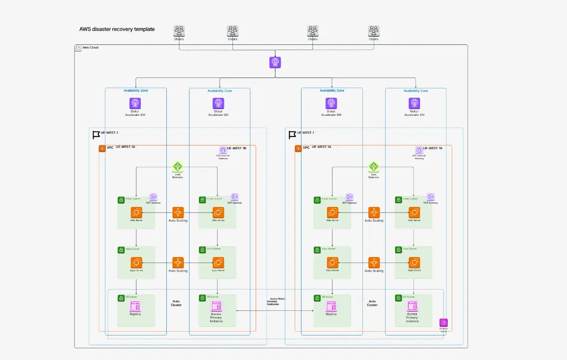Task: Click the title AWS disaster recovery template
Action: point(117,29)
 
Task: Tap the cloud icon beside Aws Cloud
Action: point(78,48)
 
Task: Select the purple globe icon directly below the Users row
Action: point(275,62)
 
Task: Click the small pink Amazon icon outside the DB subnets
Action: point(444,323)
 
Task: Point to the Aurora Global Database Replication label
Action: point(276,302)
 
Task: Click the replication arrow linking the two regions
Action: point(275,310)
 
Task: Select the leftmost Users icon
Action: point(179,31)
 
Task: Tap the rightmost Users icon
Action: point(374,31)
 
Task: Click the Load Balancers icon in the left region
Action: point(178,167)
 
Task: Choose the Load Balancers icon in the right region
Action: point(374,167)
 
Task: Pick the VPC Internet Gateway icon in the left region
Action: point(223,150)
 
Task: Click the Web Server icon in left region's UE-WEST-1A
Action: point(137,213)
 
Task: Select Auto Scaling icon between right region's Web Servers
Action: point(374,213)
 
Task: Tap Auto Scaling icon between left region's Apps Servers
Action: point(178,263)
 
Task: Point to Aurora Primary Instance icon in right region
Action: point(412,306)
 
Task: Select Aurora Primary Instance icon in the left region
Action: point(216,306)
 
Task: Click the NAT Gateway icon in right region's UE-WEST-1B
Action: point(430,197)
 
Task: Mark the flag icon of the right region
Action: point(292,136)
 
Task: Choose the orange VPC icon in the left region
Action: point(102,149)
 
